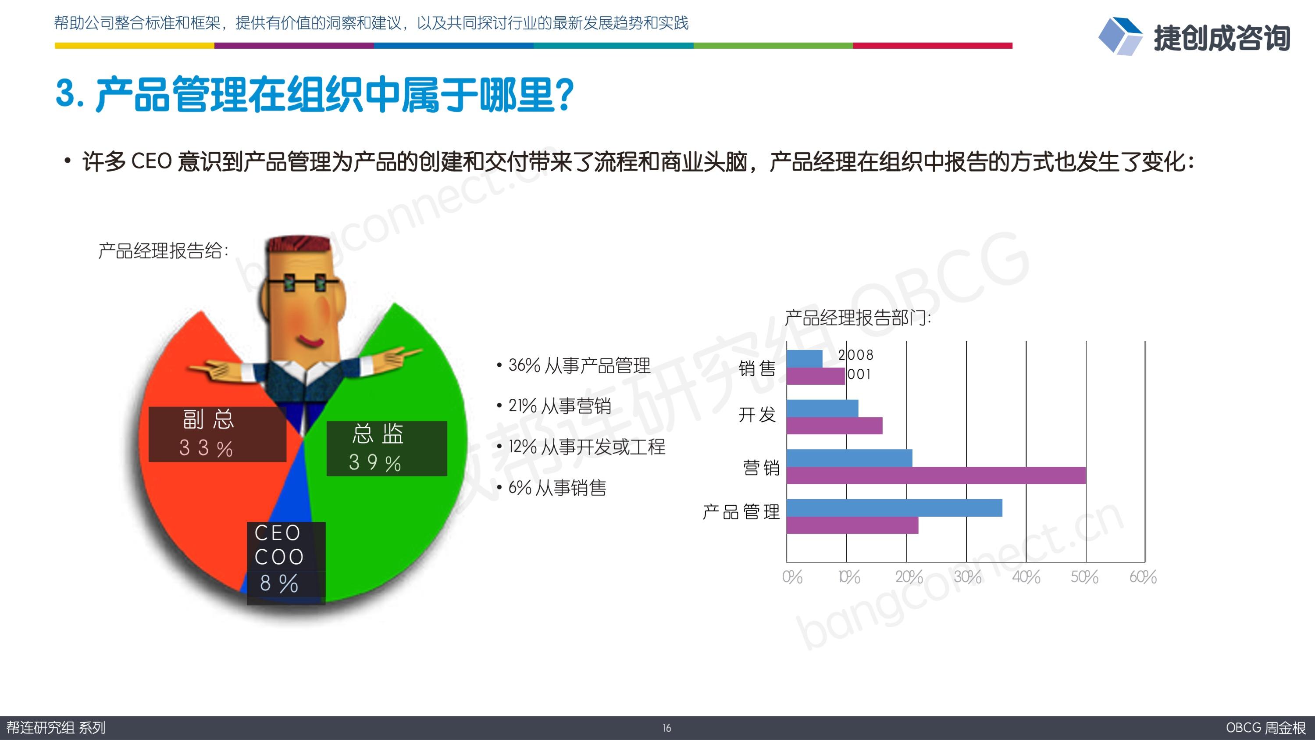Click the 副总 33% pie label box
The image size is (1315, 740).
[x=217, y=434]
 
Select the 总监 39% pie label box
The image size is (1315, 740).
[x=386, y=448]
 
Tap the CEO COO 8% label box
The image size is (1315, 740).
[x=286, y=563]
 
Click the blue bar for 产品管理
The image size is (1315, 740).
[x=894, y=508]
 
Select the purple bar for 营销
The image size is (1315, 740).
[x=936, y=475]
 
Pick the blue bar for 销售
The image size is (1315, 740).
[x=805, y=358]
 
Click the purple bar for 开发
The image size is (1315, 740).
[x=834, y=426]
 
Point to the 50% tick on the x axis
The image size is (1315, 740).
[x=1084, y=576]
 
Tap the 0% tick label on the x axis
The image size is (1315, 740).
[x=792, y=576]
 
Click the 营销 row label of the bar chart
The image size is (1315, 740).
[x=761, y=467]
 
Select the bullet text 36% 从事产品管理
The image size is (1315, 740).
[x=579, y=365]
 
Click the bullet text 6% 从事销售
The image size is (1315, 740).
[x=557, y=488]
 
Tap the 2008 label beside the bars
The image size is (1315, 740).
[x=855, y=354]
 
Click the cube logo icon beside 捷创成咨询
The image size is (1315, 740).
[x=1120, y=36]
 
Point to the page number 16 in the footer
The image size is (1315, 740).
[x=666, y=728]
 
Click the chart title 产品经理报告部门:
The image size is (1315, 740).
[x=858, y=318]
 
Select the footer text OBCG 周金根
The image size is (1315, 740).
[x=1266, y=728]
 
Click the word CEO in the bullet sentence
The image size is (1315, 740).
[x=151, y=161]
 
